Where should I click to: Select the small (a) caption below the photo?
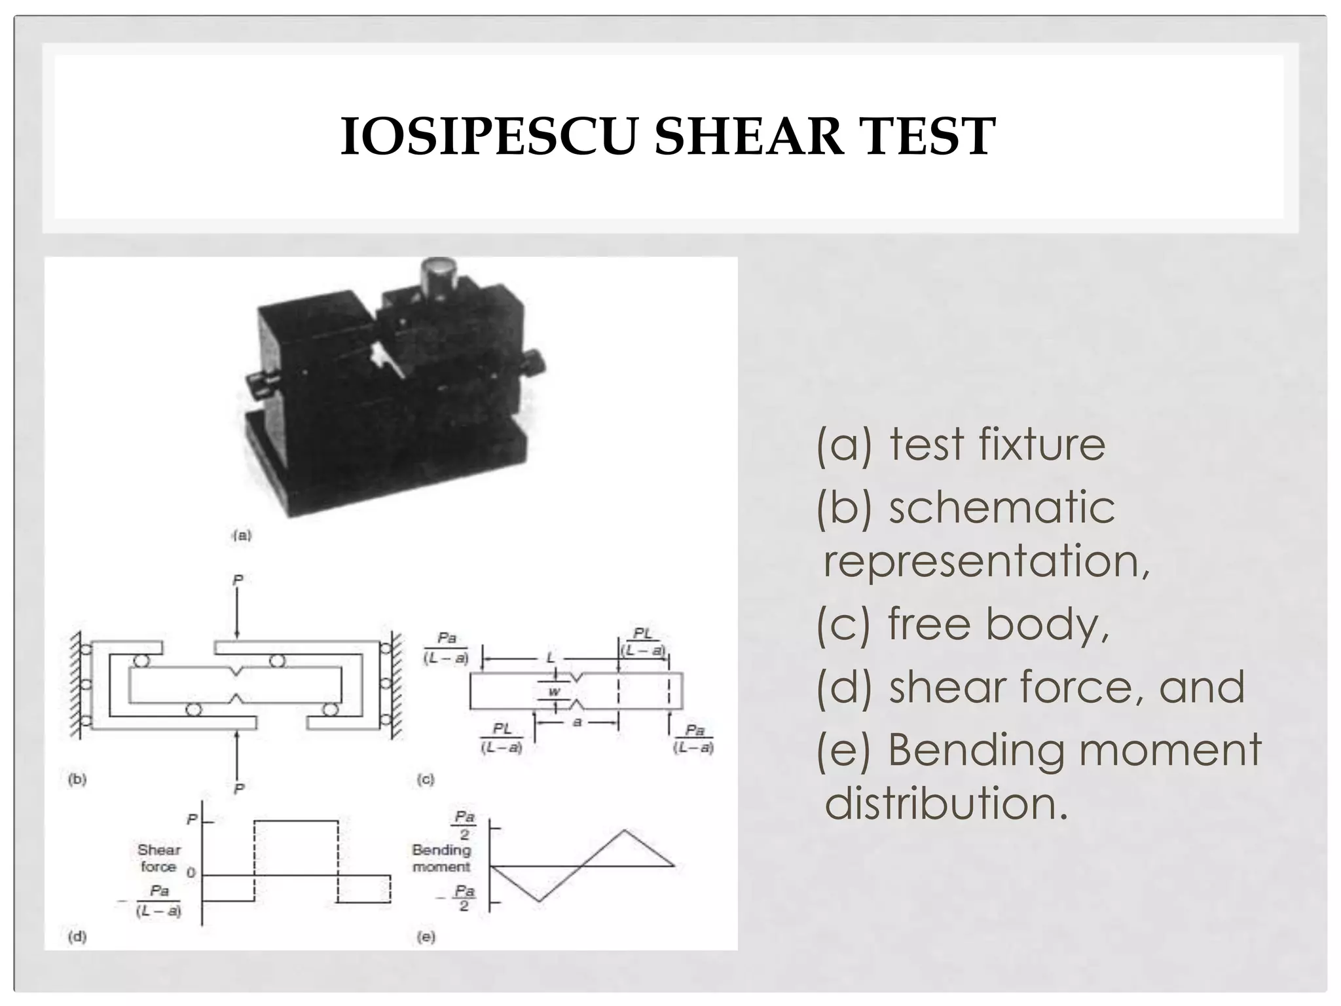242,535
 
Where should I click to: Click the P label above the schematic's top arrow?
238,580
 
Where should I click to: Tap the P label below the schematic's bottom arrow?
239,789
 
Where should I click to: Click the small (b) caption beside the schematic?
77,779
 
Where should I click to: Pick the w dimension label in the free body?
554,692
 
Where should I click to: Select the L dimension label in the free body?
551,657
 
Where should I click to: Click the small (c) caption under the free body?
426,779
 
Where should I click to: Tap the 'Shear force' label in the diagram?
158,858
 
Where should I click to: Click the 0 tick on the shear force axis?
191,873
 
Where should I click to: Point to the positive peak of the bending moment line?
625,830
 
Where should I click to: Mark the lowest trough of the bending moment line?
539,901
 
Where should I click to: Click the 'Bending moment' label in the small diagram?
441,858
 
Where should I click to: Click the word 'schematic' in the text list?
1001,507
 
